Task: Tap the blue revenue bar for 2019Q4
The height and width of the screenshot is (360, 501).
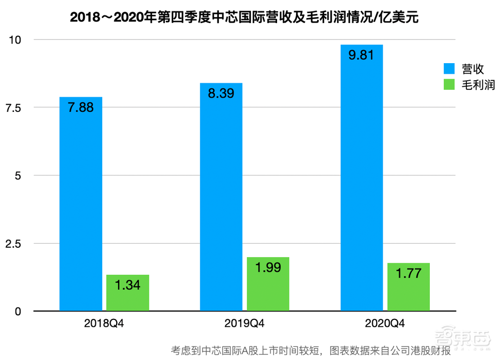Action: (221, 201)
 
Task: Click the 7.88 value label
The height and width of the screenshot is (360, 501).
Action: (81, 108)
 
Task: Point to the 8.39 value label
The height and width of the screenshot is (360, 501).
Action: (221, 93)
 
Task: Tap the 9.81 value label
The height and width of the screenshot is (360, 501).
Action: (362, 55)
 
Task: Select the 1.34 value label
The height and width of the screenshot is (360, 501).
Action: (128, 285)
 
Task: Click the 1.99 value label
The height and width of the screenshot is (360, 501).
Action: (268, 268)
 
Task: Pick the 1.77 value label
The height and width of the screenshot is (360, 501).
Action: (408, 274)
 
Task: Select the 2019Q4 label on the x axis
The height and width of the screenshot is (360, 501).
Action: (244, 323)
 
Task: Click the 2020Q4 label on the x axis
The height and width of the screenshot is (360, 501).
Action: (385, 323)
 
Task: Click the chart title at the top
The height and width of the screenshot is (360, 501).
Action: (244, 18)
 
